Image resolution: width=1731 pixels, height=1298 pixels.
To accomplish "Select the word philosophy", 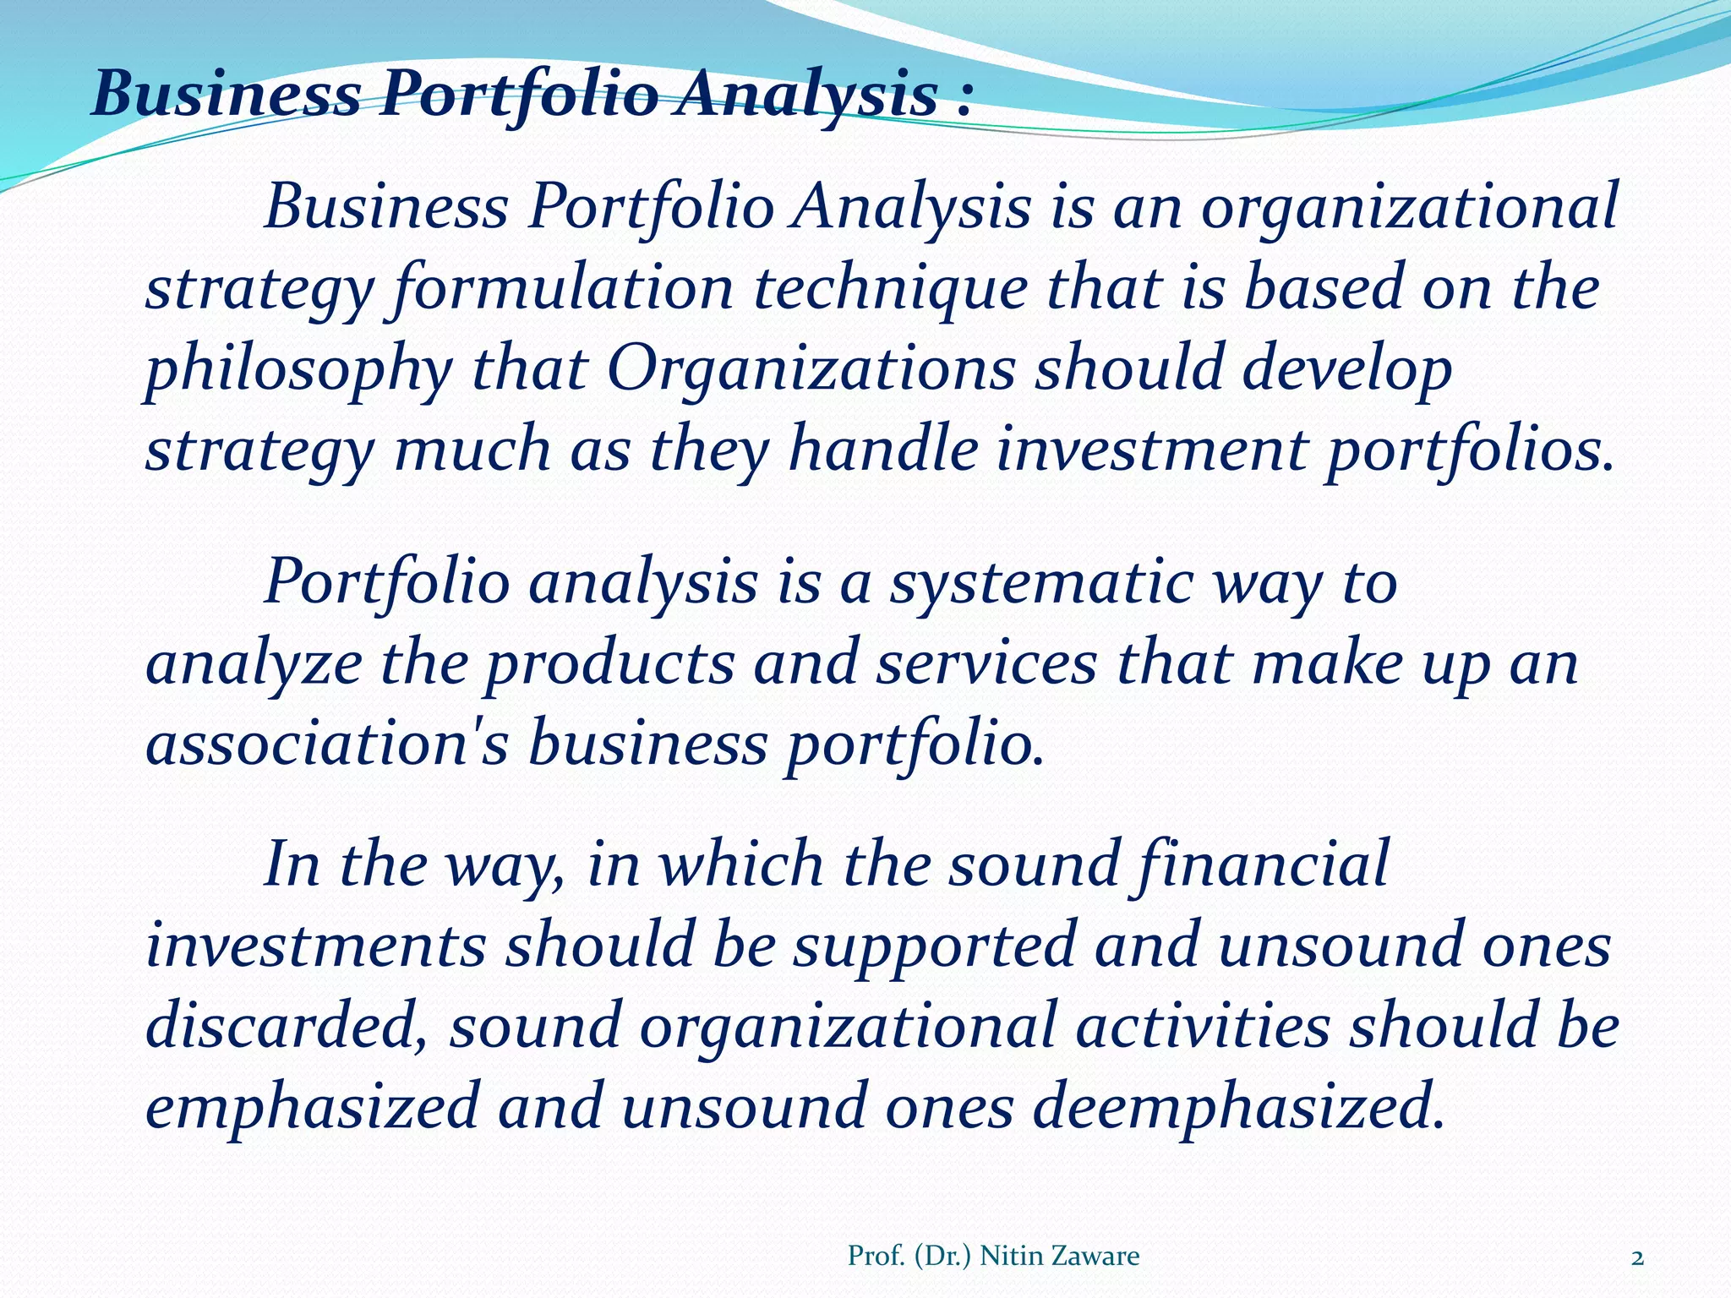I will [298, 370].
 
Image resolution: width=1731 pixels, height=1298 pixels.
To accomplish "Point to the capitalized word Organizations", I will [811, 368].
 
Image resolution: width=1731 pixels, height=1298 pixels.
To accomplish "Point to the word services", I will [986, 663].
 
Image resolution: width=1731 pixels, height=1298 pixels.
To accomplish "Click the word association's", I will [327, 744].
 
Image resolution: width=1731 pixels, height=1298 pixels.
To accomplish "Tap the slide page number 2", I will [1637, 1258].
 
